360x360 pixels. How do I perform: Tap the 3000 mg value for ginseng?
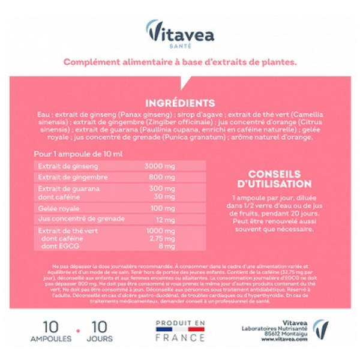(x=159, y=166)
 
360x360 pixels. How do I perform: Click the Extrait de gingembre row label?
(x=64, y=178)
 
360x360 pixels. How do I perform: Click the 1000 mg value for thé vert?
(x=158, y=231)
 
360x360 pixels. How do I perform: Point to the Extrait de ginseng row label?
(x=61, y=166)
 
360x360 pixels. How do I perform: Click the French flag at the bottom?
(x=180, y=329)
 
